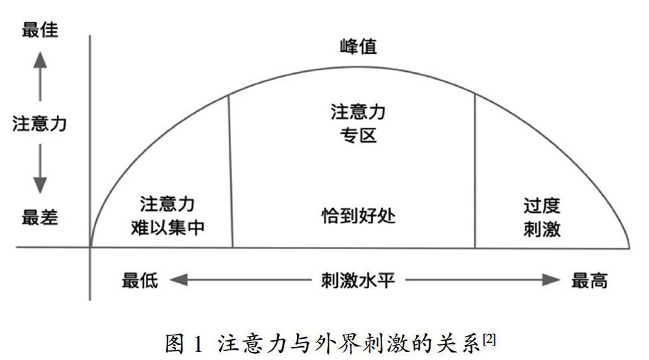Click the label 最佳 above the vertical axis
point(40,30)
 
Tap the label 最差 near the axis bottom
point(40,218)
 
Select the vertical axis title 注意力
point(40,125)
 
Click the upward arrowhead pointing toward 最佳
point(40,60)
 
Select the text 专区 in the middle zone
point(358,135)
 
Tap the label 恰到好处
point(359,216)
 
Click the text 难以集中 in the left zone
point(168,228)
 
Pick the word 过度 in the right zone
point(542,205)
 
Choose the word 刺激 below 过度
point(542,229)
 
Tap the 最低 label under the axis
point(140,281)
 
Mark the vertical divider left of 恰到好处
point(230,171)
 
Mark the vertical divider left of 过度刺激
point(475,171)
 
